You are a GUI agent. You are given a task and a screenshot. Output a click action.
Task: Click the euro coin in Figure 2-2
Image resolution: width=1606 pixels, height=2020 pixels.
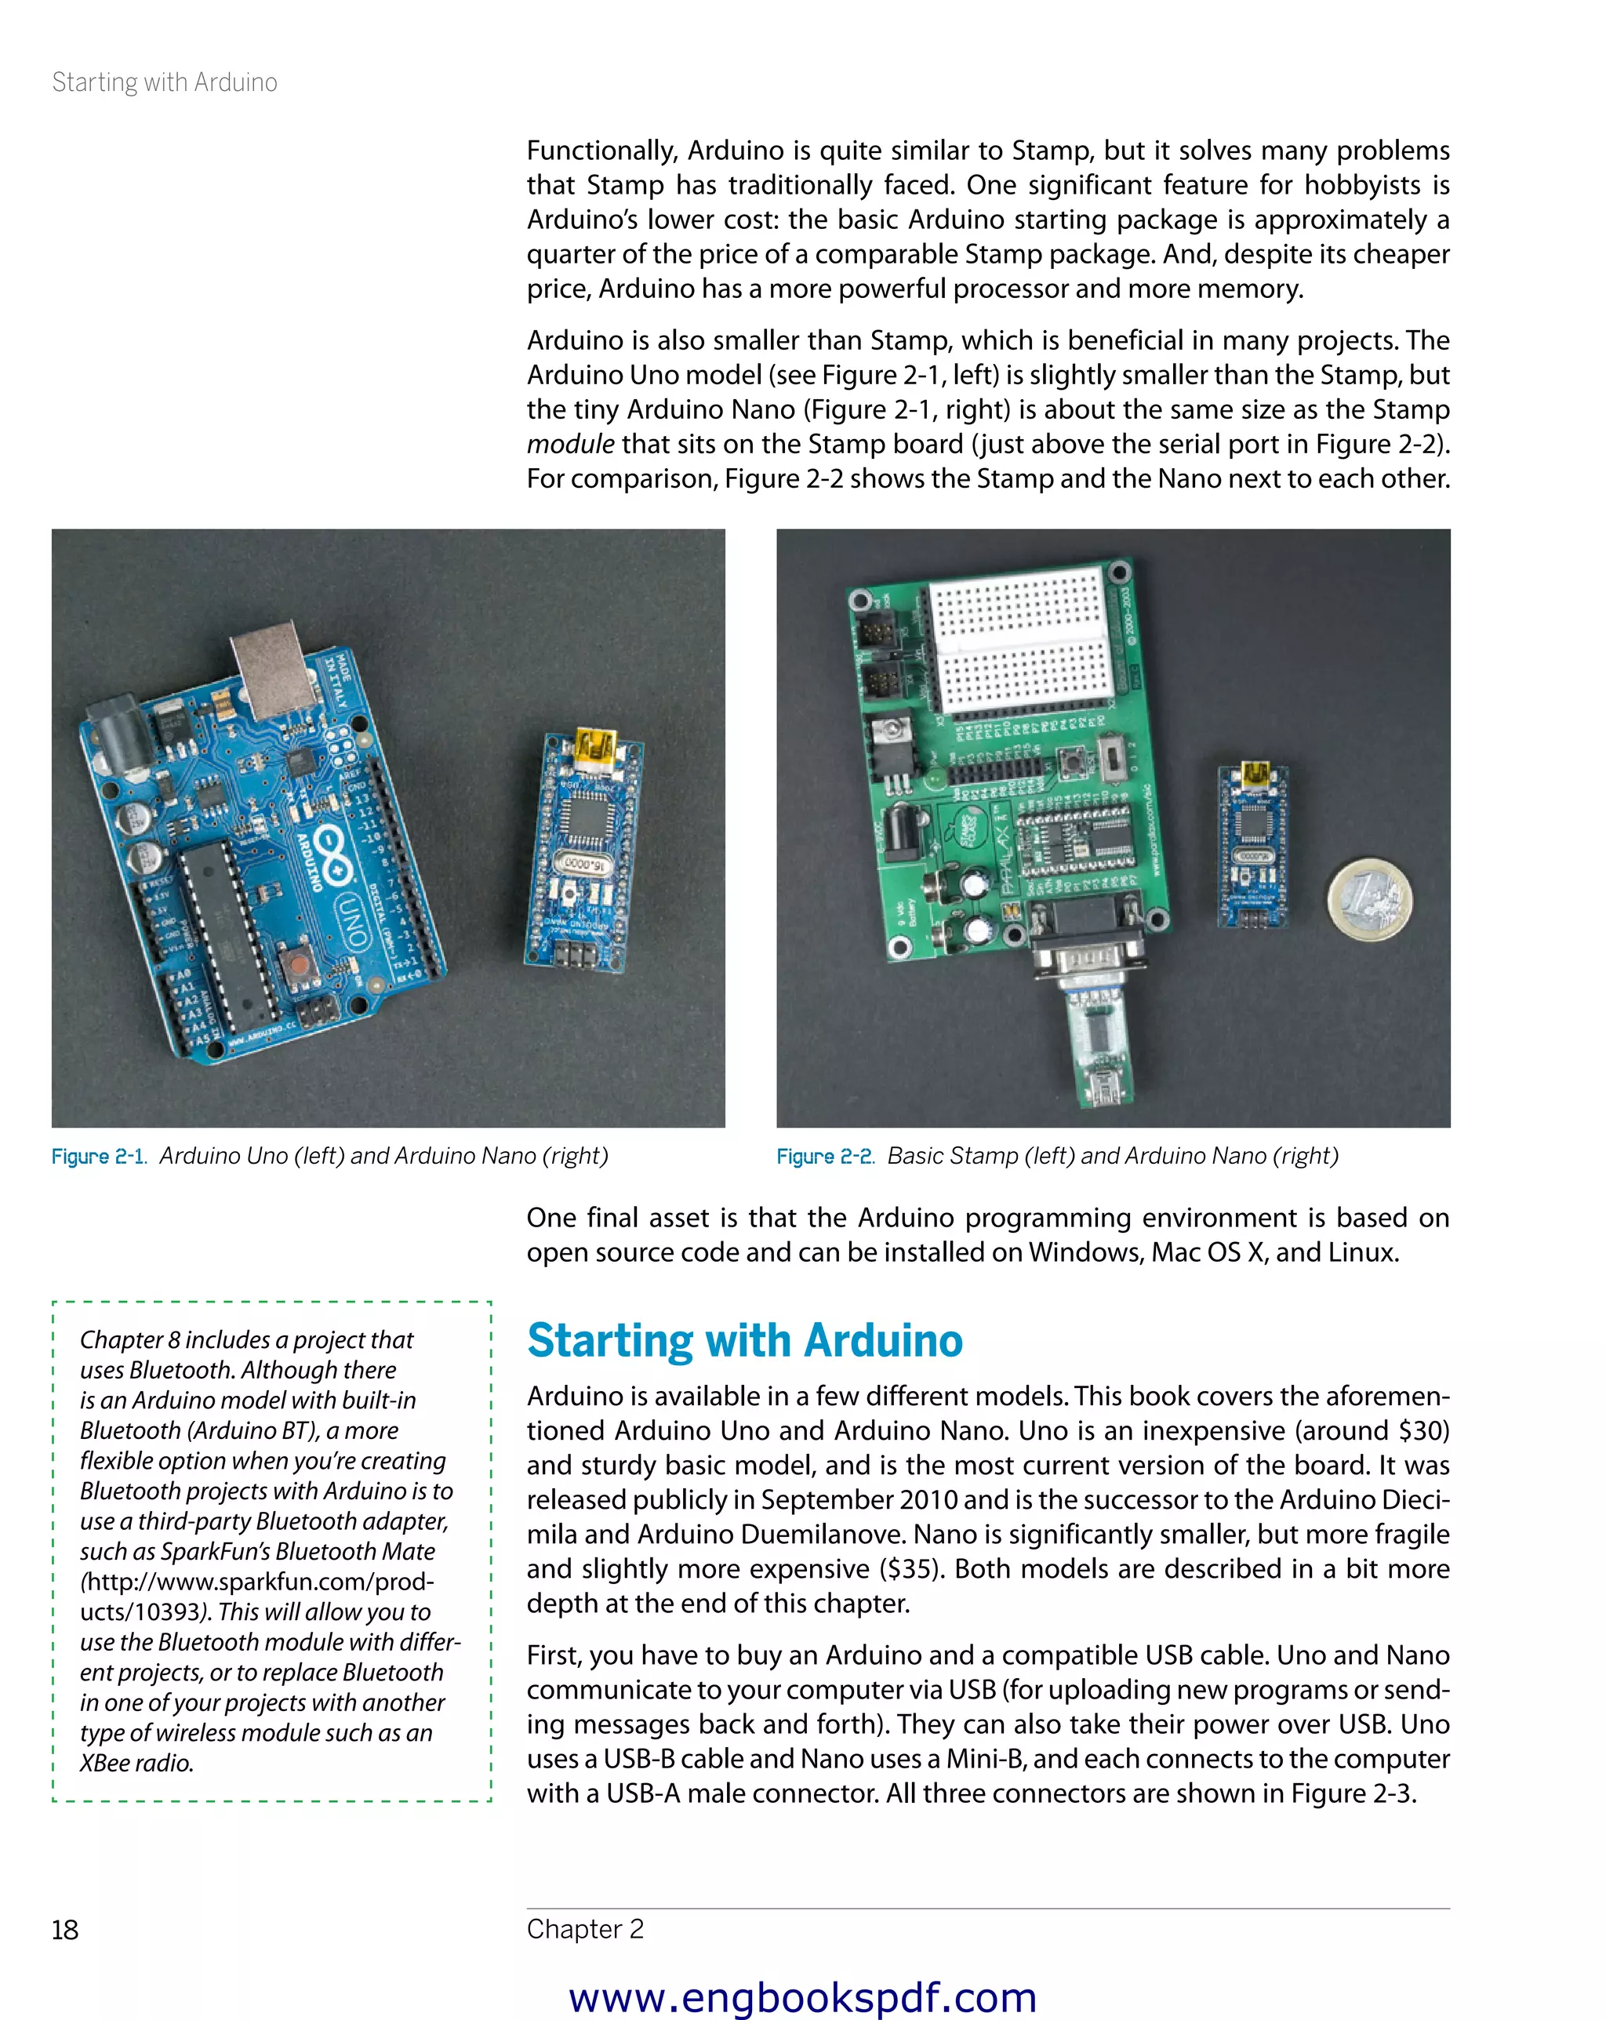pos(1368,898)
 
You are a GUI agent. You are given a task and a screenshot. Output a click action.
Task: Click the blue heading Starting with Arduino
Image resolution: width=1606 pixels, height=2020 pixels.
pos(744,1340)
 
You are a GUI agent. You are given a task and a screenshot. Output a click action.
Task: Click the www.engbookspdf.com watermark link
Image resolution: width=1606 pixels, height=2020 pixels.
pos(802,1996)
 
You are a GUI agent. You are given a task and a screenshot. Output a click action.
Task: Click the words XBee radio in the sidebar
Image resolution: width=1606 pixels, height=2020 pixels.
pos(136,1764)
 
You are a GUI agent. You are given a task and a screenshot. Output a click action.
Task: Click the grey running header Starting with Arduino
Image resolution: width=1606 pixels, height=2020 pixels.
pos(164,82)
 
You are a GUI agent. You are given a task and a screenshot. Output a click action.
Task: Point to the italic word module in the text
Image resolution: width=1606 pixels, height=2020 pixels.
pos(569,444)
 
